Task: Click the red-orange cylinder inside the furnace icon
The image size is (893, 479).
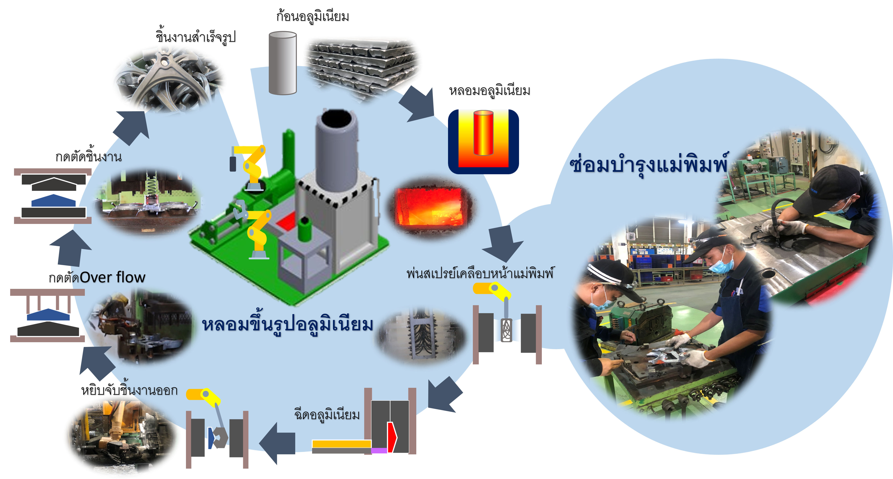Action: [483, 133]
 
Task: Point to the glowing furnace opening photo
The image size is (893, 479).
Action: [431, 207]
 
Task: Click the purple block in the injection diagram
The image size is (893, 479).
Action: [379, 451]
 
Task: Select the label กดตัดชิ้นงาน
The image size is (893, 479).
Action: [89, 156]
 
